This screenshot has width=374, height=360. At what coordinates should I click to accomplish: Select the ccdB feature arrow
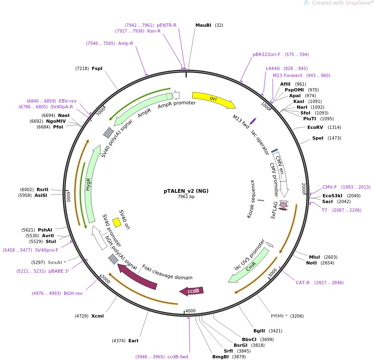pos(192,291)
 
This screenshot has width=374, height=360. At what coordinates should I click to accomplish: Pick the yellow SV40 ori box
pos(117,222)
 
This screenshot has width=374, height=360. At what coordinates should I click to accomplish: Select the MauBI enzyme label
pos(203,25)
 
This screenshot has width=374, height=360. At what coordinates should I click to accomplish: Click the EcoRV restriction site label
pos(315,127)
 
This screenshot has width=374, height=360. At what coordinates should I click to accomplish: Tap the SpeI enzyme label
pos(318,138)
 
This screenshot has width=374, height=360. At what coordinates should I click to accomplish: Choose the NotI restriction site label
pos(311,263)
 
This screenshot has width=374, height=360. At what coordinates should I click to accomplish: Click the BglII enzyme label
pos(260,331)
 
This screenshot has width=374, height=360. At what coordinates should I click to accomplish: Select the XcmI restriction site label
pos(98,316)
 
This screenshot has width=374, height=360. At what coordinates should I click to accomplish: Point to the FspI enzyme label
pos(97,68)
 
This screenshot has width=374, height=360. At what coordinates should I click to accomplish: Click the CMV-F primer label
pos(330,187)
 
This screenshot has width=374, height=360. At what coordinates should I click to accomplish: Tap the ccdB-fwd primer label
pos(178,357)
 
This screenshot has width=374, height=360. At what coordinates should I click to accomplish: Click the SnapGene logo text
pos(356,3)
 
